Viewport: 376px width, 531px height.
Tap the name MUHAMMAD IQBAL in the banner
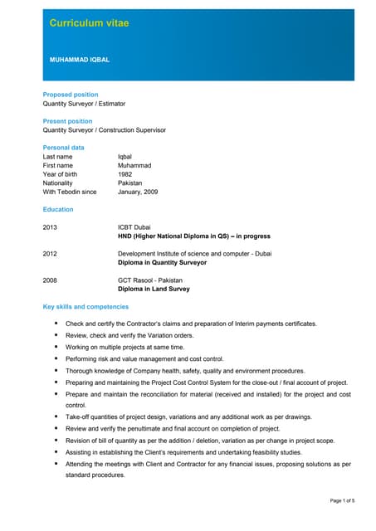[x=80, y=60]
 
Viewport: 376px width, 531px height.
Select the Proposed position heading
[x=71, y=95]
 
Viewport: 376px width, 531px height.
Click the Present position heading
[x=68, y=121]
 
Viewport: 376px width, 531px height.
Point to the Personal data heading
[x=64, y=148]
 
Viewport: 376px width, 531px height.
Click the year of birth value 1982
[x=126, y=174]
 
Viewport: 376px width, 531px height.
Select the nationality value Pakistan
[x=130, y=183]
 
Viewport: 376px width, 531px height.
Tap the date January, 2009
[x=138, y=192]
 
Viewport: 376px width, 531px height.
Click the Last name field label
[x=58, y=157]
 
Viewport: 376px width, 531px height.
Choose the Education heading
[x=58, y=210]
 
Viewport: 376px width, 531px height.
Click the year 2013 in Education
[x=51, y=227]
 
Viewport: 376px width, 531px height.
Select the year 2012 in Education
[x=51, y=254]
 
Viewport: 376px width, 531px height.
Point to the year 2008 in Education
[x=51, y=280]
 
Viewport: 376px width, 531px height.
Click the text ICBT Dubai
[x=134, y=227]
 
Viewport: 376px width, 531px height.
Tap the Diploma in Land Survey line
[x=154, y=290]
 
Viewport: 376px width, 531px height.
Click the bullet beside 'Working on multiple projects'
[x=56, y=347]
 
